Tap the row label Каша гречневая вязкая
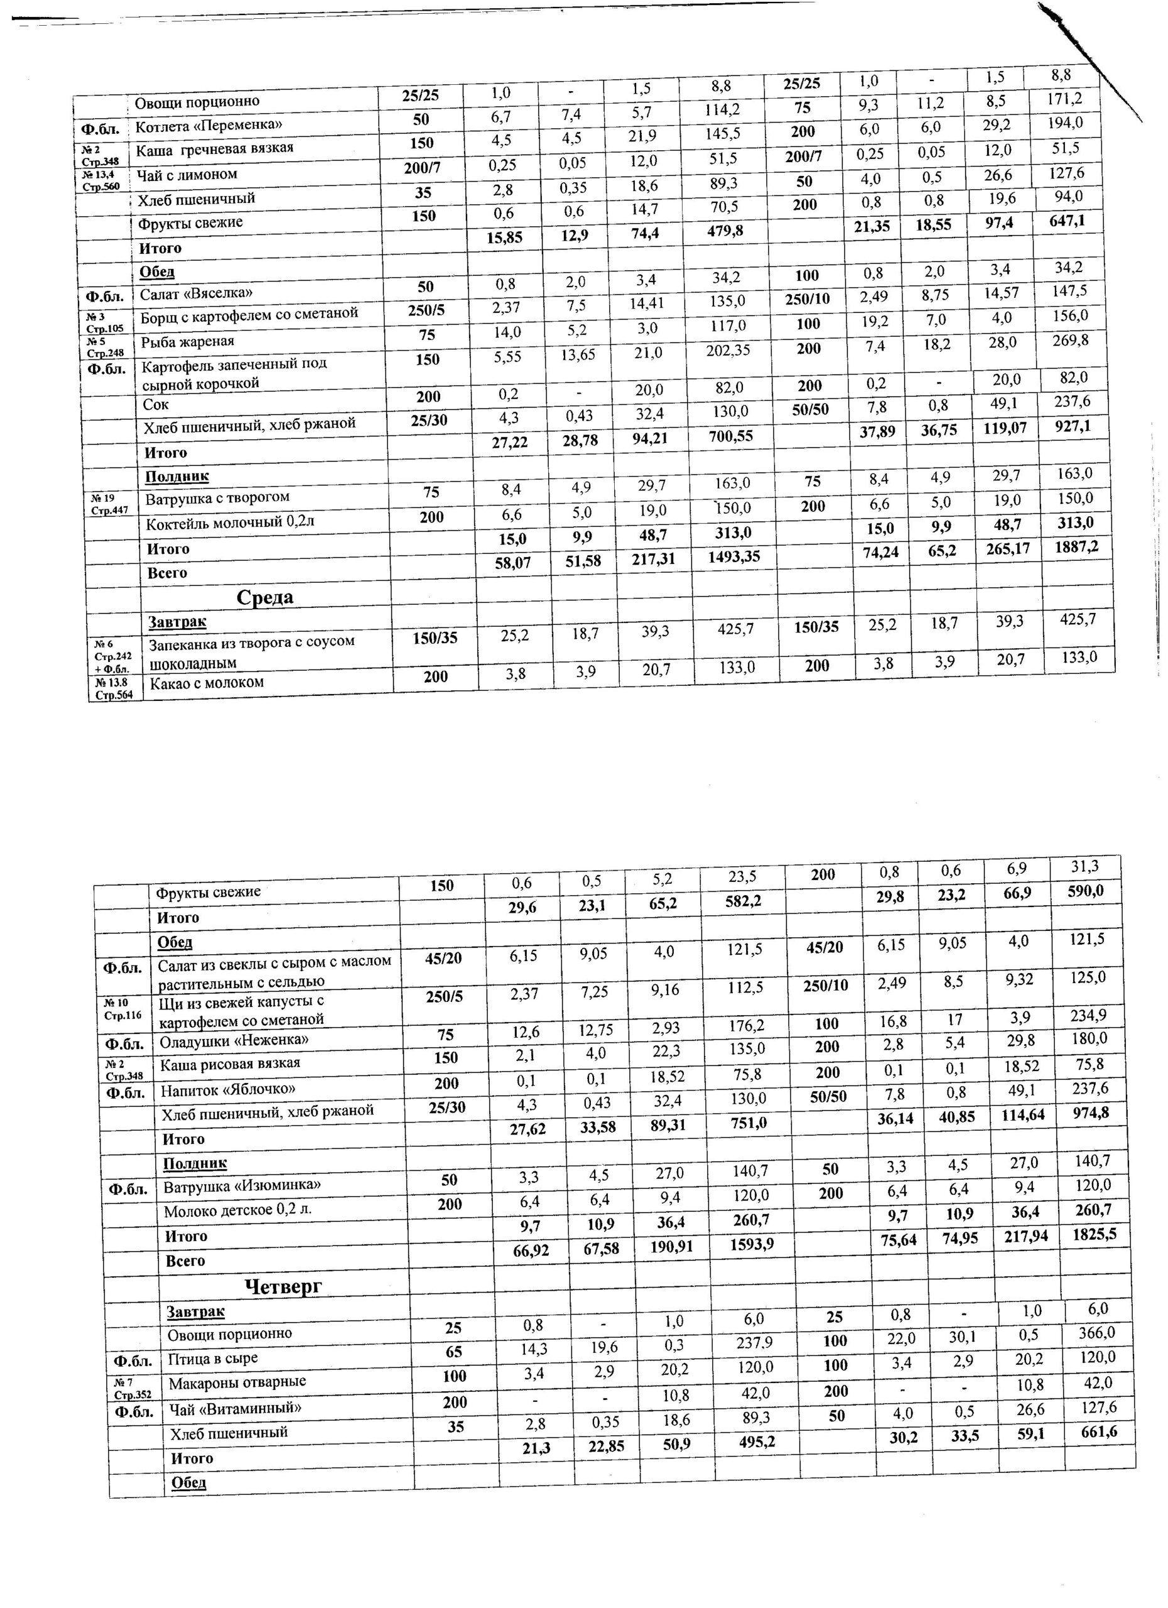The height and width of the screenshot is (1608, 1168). point(214,149)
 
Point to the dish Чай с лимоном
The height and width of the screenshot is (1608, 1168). point(187,175)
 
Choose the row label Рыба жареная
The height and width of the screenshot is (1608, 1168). point(187,342)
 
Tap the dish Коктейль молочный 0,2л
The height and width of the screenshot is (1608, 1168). point(230,523)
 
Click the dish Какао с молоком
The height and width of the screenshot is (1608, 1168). point(206,683)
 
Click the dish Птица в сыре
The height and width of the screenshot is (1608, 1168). point(213,1359)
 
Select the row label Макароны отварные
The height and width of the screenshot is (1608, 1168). point(237,1382)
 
